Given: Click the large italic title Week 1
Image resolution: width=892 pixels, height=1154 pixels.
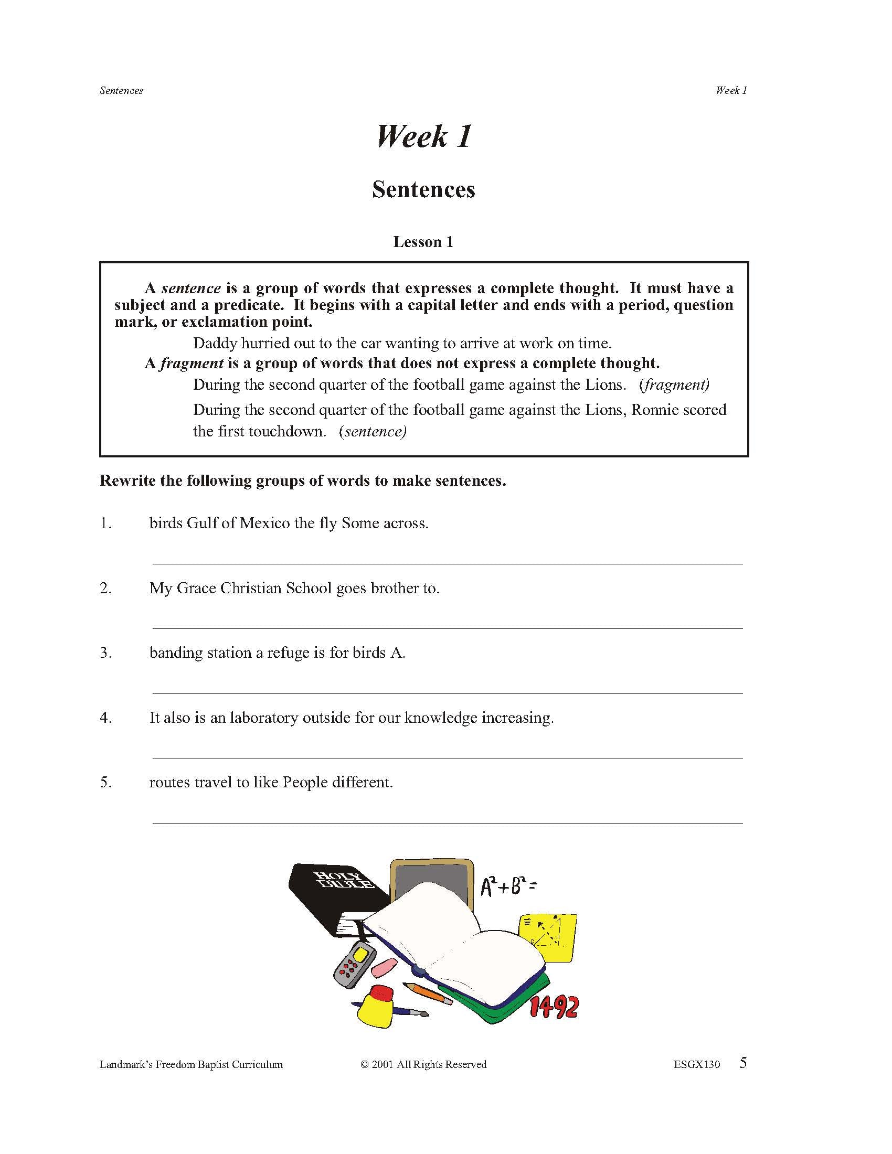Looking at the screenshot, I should [x=423, y=136].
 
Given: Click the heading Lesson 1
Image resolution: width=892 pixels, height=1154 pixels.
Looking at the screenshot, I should [x=423, y=242].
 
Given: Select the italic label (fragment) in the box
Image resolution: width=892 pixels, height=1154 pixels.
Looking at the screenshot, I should [x=674, y=384].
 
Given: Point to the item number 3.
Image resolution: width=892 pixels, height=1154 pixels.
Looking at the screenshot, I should [x=105, y=653].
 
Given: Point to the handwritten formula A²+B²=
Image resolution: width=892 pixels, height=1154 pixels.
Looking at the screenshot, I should [x=508, y=885].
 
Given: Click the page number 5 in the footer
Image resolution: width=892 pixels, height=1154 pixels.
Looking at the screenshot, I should [x=743, y=1063].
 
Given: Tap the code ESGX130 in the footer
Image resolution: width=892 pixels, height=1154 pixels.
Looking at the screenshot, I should [x=696, y=1065].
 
